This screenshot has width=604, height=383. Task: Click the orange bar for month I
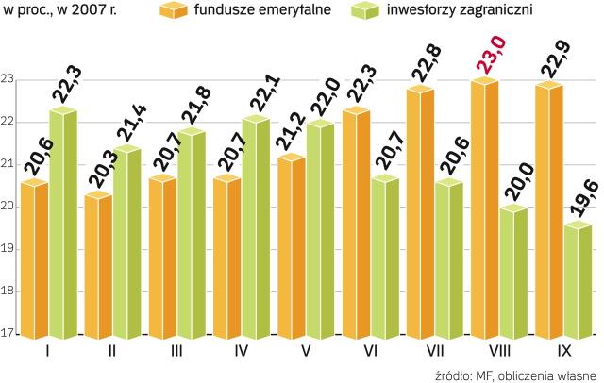point(34,259)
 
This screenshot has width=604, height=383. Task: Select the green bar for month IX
point(549,283)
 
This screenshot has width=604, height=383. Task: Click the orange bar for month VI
point(356,226)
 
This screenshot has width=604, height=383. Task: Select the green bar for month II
point(127,243)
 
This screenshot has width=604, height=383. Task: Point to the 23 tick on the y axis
point(8,81)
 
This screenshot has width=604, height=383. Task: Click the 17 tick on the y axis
point(8,333)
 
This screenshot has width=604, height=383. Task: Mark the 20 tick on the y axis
point(8,207)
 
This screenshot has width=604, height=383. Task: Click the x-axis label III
point(176,352)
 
